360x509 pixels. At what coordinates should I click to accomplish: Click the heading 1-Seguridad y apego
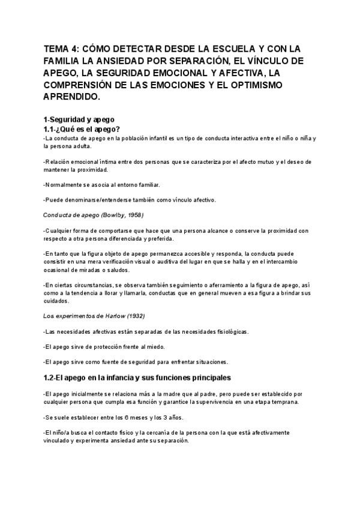(79, 119)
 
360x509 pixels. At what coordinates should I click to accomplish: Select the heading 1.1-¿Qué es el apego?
(82, 129)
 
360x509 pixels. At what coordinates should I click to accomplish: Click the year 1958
(133, 214)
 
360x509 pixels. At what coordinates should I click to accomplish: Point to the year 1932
(134, 316)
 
